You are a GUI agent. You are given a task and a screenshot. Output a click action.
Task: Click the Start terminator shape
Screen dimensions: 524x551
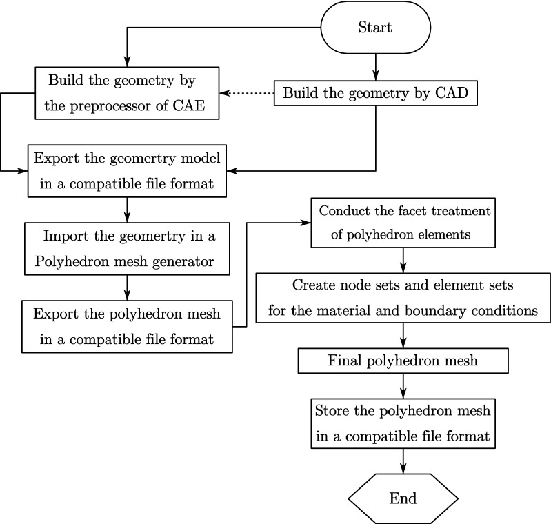[375, 28]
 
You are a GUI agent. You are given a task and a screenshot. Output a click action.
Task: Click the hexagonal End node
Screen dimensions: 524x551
[403, 498]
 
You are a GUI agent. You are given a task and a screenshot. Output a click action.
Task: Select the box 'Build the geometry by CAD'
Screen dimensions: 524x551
[375, 93]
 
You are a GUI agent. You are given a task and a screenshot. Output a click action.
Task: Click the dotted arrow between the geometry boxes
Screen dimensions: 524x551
[247, 92]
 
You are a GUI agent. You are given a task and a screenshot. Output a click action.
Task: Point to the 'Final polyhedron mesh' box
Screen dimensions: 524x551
[403, 360]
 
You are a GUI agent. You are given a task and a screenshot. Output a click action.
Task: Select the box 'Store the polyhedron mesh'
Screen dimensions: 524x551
[403, 423]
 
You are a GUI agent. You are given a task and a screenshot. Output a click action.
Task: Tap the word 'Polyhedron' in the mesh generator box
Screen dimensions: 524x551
[68, 260]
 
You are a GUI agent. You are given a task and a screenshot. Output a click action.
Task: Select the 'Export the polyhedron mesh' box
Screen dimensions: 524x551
[126, 325]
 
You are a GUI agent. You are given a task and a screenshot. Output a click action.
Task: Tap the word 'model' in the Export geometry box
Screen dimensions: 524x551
[200, 158]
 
